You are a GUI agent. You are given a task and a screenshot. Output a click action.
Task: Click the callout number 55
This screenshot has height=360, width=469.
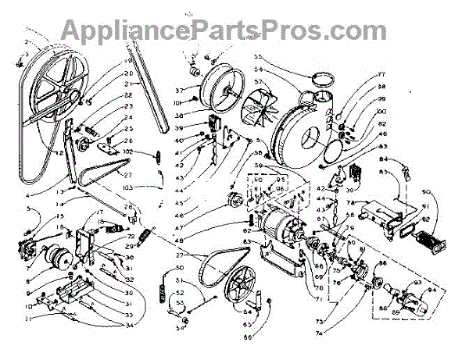pos(259,57)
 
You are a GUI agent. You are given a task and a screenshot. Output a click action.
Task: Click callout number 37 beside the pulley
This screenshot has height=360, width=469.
pos(178,89)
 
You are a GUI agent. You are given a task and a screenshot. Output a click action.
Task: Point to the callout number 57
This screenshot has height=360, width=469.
pos(258,80)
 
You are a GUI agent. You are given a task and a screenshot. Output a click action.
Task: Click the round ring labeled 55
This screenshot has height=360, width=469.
pos(320,79)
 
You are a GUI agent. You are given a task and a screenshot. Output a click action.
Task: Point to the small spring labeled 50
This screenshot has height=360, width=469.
pos(163,296)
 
